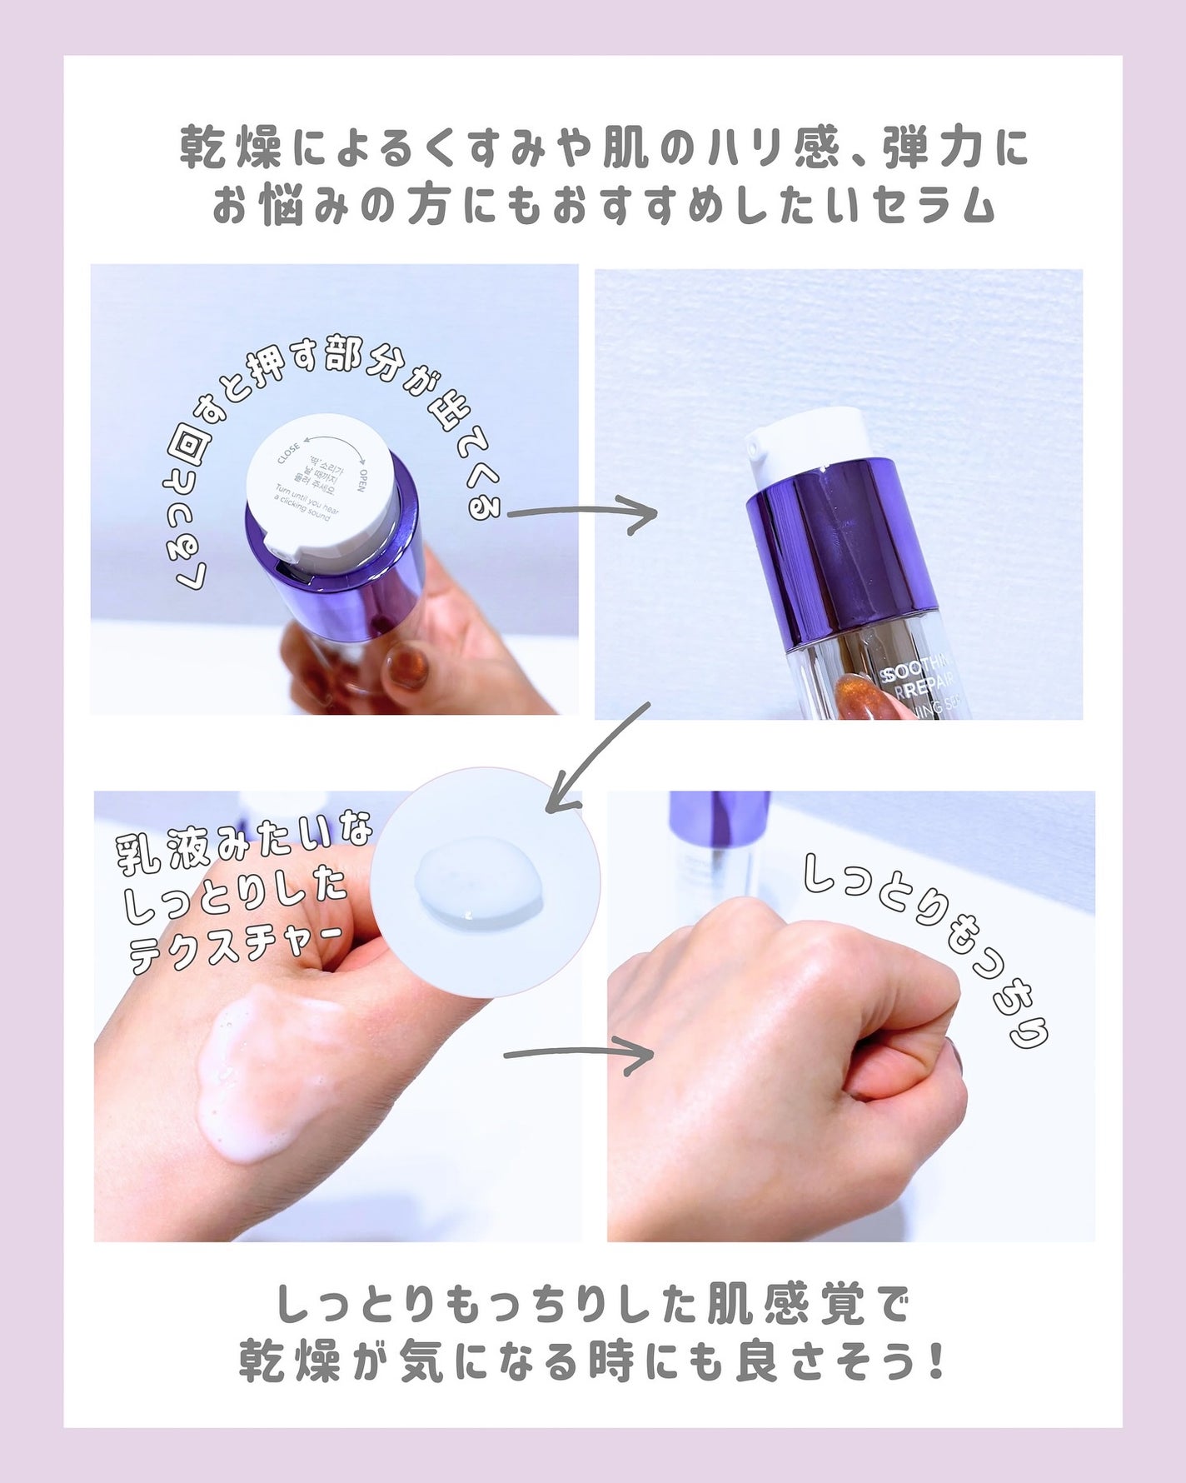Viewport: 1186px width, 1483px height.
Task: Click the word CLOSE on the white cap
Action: point(288,455)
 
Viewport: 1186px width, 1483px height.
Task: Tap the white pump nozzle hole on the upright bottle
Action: point(754,450)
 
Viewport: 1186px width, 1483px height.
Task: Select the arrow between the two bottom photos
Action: point(578,1056)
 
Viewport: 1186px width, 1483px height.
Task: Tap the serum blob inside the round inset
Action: point(478,886)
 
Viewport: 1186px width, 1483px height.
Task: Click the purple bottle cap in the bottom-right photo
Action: point(719,821)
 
